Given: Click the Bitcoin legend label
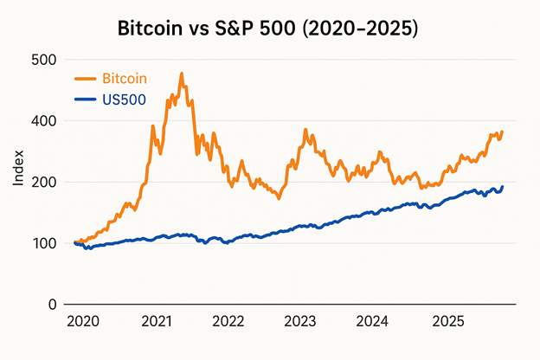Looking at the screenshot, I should [x=125, y=79].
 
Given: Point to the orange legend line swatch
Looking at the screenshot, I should [x=86, y=79].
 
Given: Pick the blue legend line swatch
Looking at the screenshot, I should [x=86, y=100].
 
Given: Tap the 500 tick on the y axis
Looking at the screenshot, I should [x=44, y=60].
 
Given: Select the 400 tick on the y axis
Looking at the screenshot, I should [x=44, y=121].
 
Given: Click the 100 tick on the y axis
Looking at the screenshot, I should [x=44, y=243].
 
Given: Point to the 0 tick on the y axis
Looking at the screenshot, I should [x=53, y=305].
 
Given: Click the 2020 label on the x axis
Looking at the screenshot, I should [x=82, y=322].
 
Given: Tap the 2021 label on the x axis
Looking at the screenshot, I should [x=155, y=322].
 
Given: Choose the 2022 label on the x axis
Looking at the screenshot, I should [x=228, y=322].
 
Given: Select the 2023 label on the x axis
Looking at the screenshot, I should [x=300, y=322].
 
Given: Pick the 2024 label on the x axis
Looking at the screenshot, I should [x=373, y=322].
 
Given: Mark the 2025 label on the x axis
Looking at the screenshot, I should [x=446, y=322].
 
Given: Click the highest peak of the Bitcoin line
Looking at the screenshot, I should [x=182, y=74].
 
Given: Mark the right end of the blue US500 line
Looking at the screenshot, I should [x=503, y=186].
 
